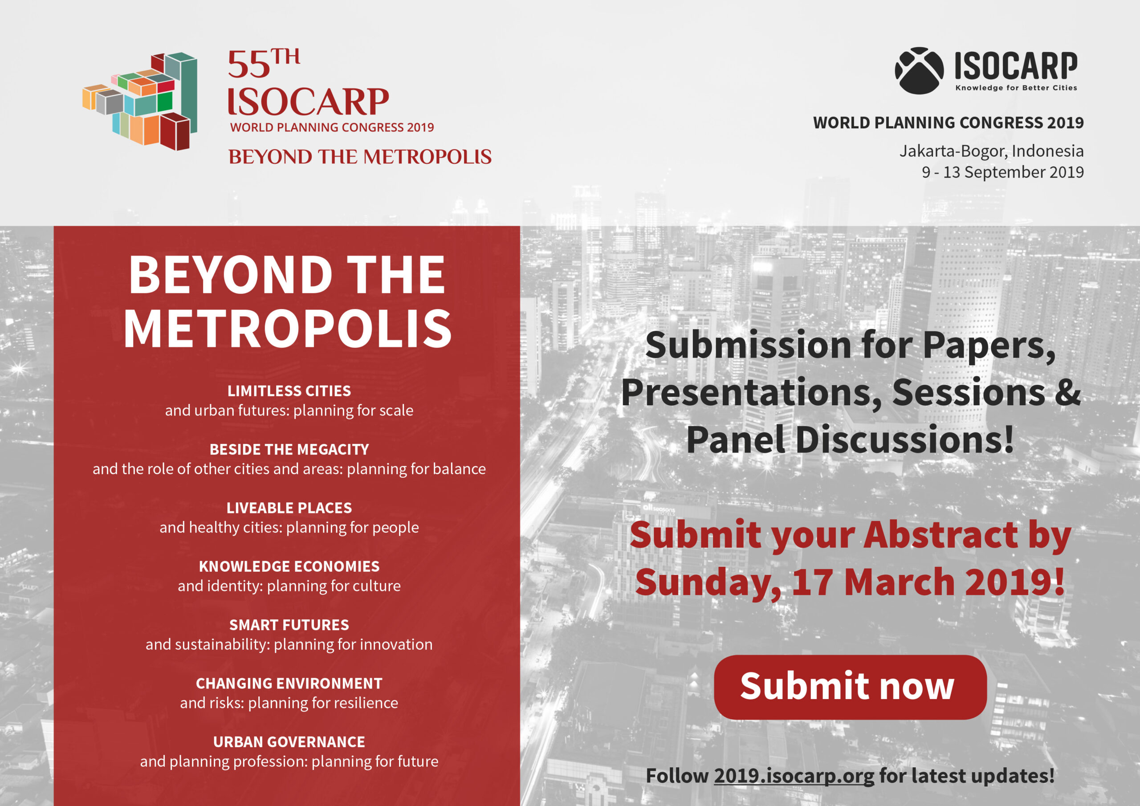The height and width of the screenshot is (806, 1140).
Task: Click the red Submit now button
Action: pos(850,687)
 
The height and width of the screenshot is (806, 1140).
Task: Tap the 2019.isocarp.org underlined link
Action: pos(794,775)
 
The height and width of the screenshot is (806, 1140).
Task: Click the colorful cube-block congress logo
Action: pos(140,102)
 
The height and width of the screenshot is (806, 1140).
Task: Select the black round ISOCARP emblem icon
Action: pos(919,70)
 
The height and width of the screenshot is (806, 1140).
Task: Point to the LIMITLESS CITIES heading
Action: pos(289,391)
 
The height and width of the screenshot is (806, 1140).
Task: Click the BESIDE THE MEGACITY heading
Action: pos(289,449)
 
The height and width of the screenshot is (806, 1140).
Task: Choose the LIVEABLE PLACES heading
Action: pos(289,508)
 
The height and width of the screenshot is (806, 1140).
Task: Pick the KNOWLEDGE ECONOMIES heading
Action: pos(289,566)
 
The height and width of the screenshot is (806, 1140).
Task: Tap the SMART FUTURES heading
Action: pos(289,625)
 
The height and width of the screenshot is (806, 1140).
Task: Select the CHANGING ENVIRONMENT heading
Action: pos(289,684)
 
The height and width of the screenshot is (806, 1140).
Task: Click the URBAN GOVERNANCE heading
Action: pos(289,742)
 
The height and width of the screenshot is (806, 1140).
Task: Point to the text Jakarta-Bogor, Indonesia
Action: pos(991,151)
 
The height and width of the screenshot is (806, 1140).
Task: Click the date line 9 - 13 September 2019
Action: pos(1002,172)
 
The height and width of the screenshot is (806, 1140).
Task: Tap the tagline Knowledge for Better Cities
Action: pos(1016,88)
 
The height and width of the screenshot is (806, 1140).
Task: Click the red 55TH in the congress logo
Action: pos(264,64)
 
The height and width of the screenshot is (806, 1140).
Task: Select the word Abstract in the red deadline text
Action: pos(941,535)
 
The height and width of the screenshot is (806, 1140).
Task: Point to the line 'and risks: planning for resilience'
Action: pos(289,703)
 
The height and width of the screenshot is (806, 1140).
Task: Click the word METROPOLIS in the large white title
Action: pos(288,328)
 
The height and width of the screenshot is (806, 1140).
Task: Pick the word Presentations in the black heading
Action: pos(752,392)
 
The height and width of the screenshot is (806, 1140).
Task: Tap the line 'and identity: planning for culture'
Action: pos(289,586)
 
